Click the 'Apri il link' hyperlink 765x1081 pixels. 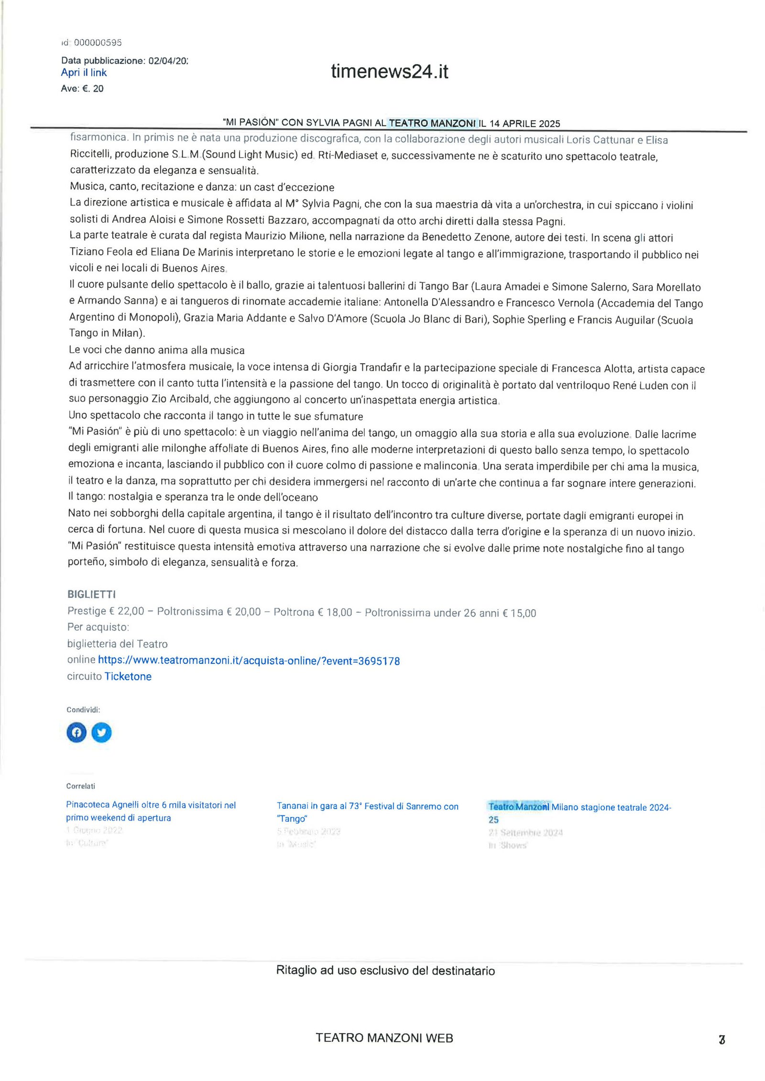tap(84, 73)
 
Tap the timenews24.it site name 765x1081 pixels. tap(389, 72)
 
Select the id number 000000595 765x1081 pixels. tap(98, 43)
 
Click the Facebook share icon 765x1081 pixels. tap(76, 732)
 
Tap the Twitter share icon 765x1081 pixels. tap(101, 732)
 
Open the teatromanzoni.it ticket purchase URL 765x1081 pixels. tap(249, 660)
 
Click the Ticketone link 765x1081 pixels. tap(128, 676)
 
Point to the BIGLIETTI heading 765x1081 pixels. tap(91, 594)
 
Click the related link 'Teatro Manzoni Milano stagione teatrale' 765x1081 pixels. tap(579, 807)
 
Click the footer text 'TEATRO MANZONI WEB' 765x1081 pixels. tap(384, 1038)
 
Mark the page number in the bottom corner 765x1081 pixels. tap(722, 1039)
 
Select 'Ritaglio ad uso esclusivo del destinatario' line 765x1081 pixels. tap(385, 971)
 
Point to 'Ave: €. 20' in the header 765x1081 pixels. tap(82, 88)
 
